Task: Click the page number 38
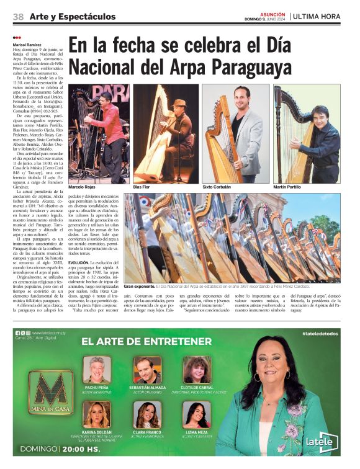pyautogui.click(x=18, y=16)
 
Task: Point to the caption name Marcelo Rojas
pyautogui.click(x=84, y=187)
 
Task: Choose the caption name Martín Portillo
pyautogui.click(x=289, y=187)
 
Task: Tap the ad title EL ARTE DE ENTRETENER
pyautogui.click(x=146, y=341)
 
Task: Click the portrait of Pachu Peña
pyautogui.click(x=97, y=369)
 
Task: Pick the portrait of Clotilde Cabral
pyautogui.click(x=197, y=369)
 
